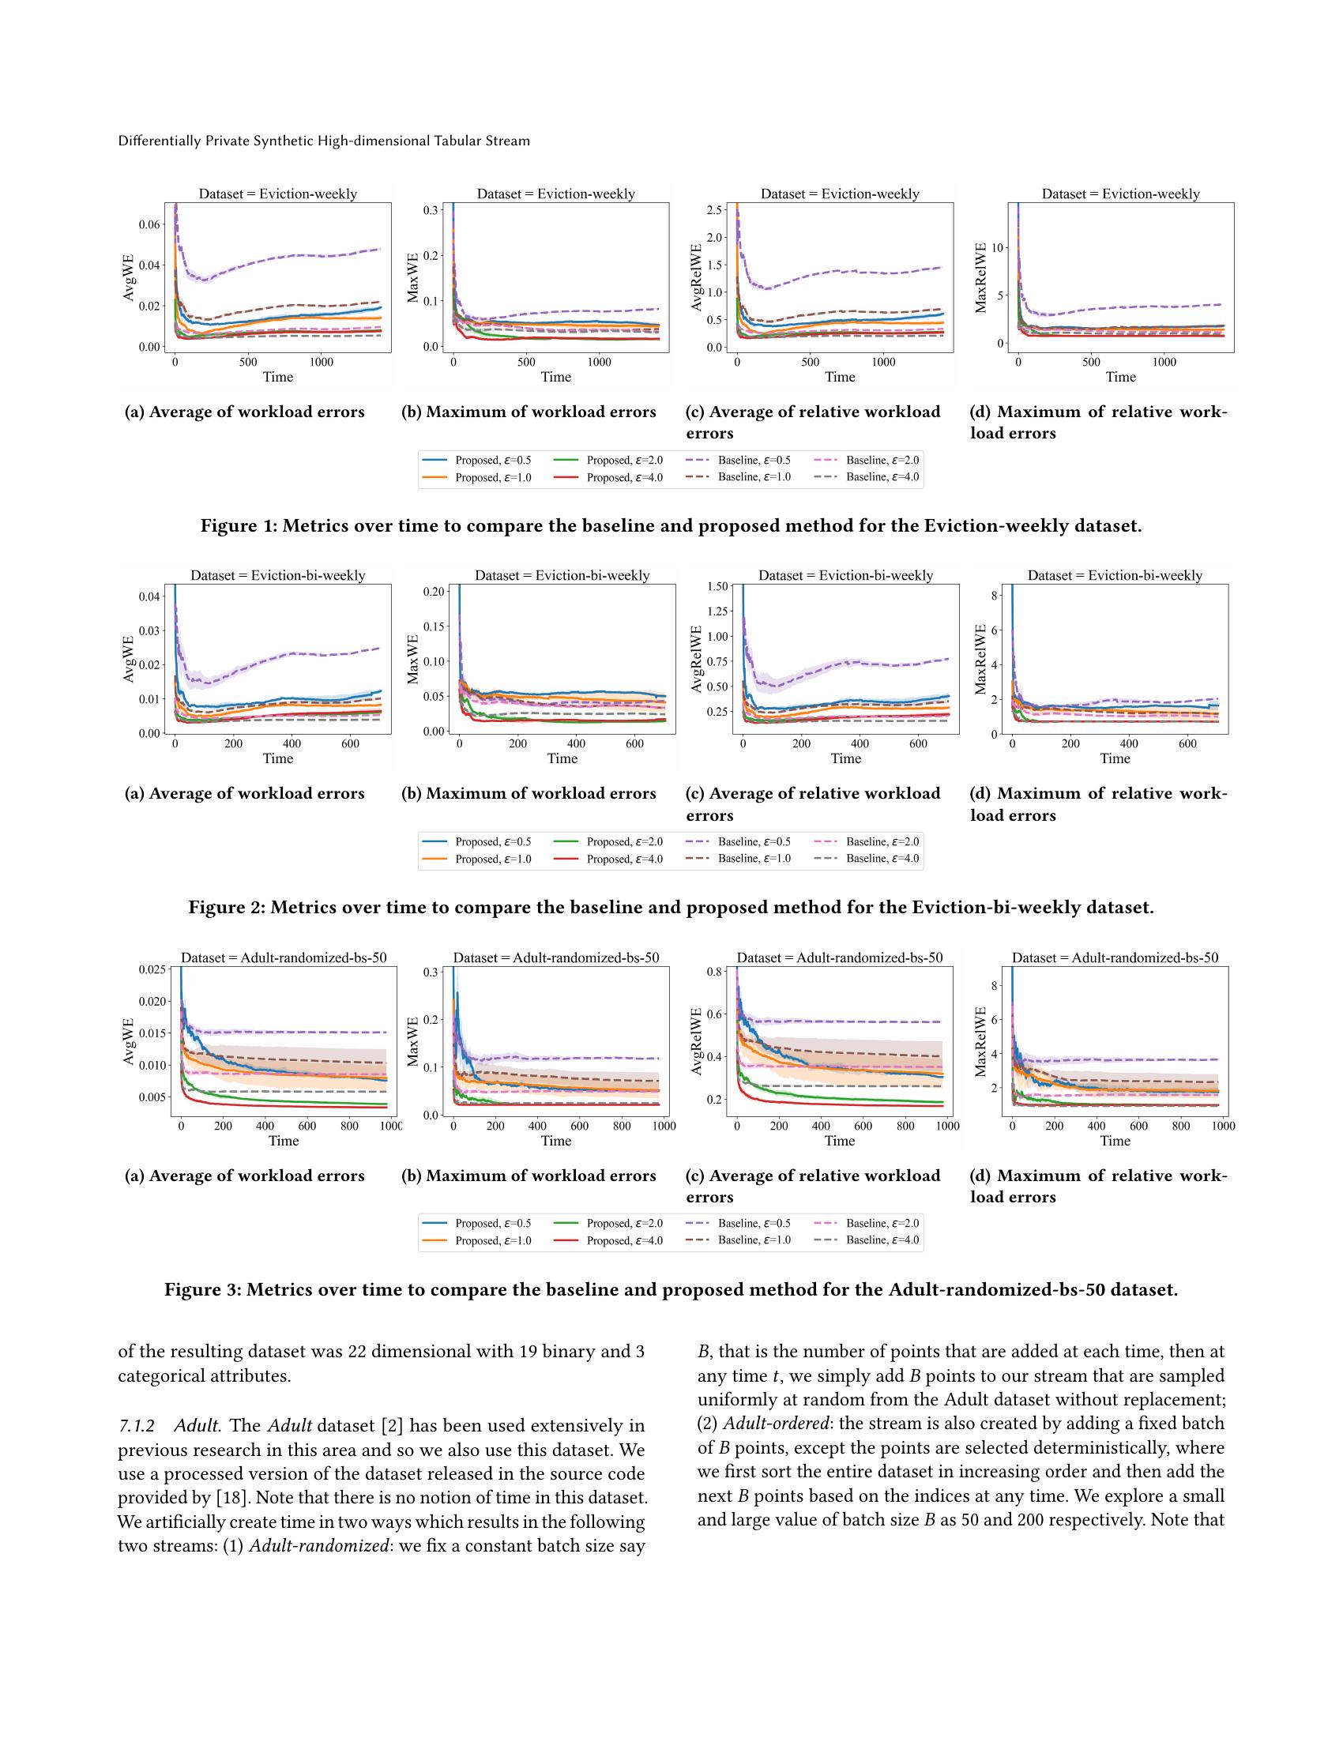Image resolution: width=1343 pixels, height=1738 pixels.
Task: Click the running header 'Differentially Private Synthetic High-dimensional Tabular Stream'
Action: pyautogui.click(x=324, y=141)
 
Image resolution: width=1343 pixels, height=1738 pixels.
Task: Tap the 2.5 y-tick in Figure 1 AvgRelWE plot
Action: pyautogui.click(x=713, y=210)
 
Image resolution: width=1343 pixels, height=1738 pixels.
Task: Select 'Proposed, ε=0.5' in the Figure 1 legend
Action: pyautogui.click(x=492, y=460)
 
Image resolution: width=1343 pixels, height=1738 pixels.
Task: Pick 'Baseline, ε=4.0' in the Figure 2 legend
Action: pyautogui.click(x=882, y=858)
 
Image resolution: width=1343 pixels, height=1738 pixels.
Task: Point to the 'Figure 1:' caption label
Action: pyautogui.click(x=239, y=526)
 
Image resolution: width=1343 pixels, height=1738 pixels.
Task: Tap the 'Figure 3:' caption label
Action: pyautogui.click(x=203, y=1289)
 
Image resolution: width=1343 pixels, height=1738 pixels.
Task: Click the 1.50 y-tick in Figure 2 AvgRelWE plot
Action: pyautogui.click(x=717, y=586)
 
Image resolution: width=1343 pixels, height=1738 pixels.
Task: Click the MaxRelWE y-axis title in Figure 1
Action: pyautogui.click(x=980, y=278)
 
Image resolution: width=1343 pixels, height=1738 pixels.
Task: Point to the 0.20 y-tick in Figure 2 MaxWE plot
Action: pyautogui.click(x=434, y=591)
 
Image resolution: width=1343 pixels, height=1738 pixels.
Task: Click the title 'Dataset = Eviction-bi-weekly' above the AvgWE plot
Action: pyautogui.click(x=277, y=575)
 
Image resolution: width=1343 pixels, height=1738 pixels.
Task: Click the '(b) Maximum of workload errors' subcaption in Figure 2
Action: pyautogui.click(x=529, y=793)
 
